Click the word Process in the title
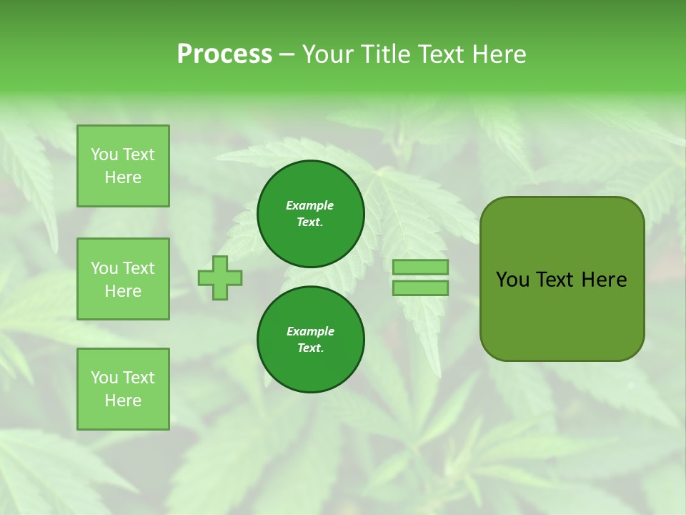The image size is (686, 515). pos(224,54)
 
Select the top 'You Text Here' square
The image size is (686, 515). pos(123,166)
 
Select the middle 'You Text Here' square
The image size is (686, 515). pos(123,279)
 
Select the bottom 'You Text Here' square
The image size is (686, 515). pos(123,389)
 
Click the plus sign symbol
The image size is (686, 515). pos(220,278)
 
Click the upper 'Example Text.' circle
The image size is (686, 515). pos(310,214)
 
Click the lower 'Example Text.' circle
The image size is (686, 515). pos(310,340)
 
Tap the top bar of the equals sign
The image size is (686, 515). pos(420,268)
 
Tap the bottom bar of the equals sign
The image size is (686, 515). pos(420,288)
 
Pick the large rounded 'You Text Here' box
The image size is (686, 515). pos(562,279)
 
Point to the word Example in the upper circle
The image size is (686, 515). pos(310,206)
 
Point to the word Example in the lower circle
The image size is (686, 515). pos(310,332)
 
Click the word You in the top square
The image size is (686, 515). pos(104,154)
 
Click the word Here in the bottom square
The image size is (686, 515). pos(123,401)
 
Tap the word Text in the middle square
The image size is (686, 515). pos(139,268)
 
